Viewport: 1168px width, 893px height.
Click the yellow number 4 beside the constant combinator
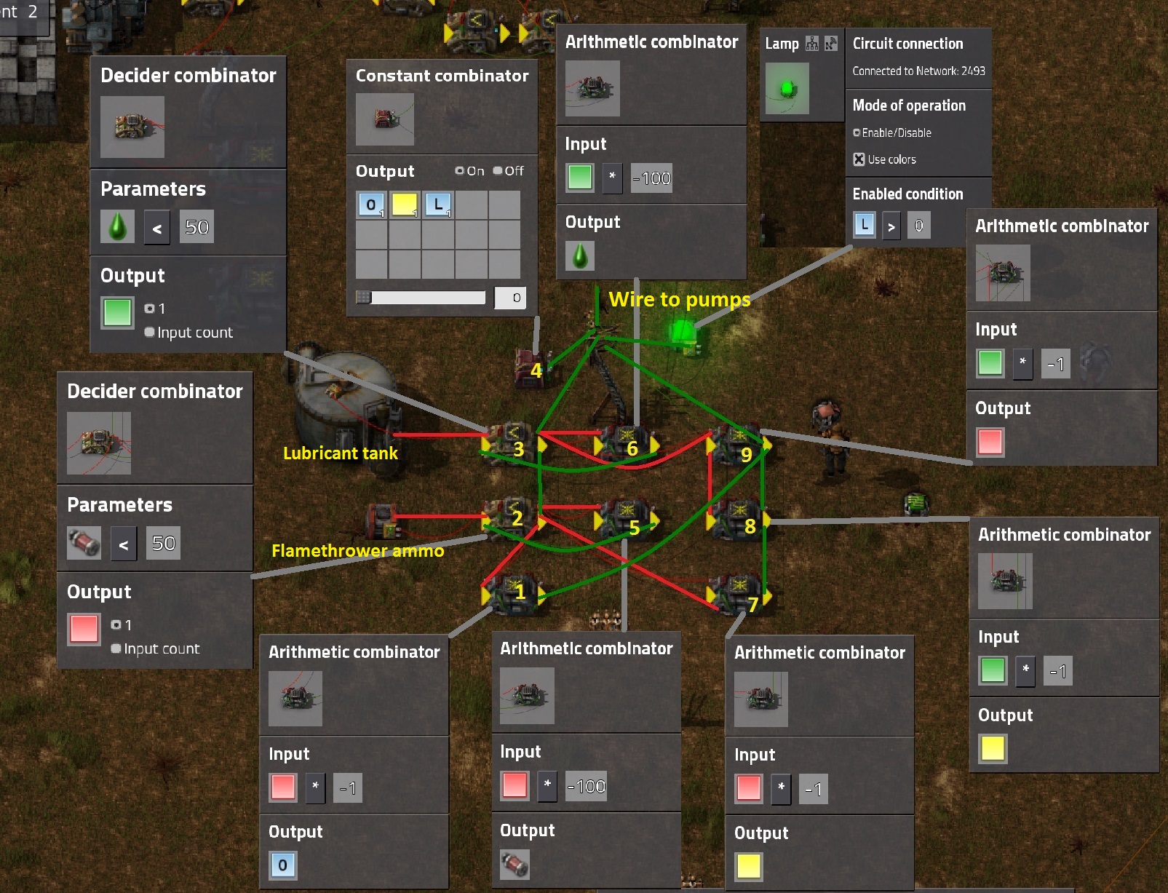coord(536,370)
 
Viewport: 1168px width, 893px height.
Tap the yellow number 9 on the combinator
coord(746,455)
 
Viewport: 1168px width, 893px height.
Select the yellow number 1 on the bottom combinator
coord(520,592)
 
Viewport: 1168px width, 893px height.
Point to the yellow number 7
coord(753,604)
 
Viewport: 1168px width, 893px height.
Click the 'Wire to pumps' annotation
coord(679,300)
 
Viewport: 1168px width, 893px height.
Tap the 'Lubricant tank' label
coord(340,453)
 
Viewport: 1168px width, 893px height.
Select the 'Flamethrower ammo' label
coord(357,551)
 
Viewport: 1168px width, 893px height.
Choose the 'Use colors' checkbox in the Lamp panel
coord(859,159)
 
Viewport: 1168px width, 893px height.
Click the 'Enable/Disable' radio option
coord(857,133)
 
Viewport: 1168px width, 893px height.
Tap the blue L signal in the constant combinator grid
coord(438,205)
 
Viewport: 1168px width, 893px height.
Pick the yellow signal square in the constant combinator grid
coord(405,205)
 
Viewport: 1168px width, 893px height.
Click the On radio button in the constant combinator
coord(460,171)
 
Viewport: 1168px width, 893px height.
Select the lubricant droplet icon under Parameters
coord(117,227)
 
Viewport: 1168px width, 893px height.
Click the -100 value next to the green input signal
coord(651,178)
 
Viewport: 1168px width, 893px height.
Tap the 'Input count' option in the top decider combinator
coord(150,333)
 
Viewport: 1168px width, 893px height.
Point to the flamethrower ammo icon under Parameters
coord(84,543)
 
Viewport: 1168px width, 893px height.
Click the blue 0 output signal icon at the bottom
coord(282,865)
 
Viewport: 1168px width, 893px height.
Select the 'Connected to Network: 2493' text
coord(918,71)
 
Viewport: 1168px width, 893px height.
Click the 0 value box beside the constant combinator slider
coord(512,298)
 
